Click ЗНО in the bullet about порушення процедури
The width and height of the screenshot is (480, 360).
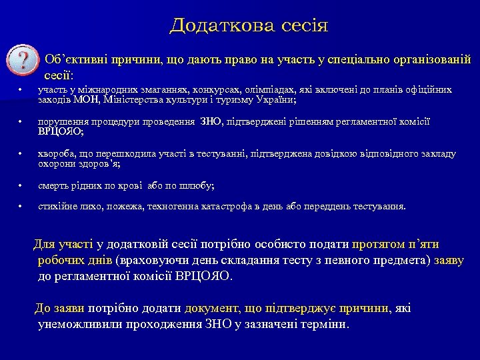(211, 123)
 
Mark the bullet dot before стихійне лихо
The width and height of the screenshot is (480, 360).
(22, 207)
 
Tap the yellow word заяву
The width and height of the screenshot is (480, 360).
(449, 260)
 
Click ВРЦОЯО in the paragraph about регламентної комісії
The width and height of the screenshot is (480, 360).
(201, 275)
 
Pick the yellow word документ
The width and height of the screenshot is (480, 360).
(205, 308)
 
